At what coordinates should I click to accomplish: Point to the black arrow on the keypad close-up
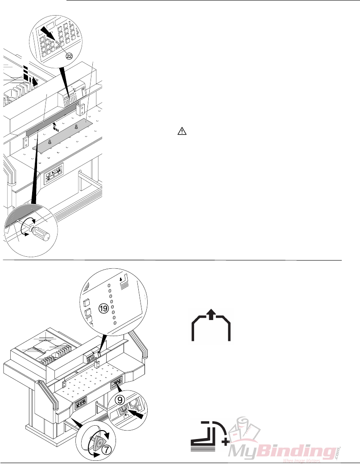click(x=47, y=36)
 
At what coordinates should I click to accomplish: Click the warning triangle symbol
click(x=182, y=131)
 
